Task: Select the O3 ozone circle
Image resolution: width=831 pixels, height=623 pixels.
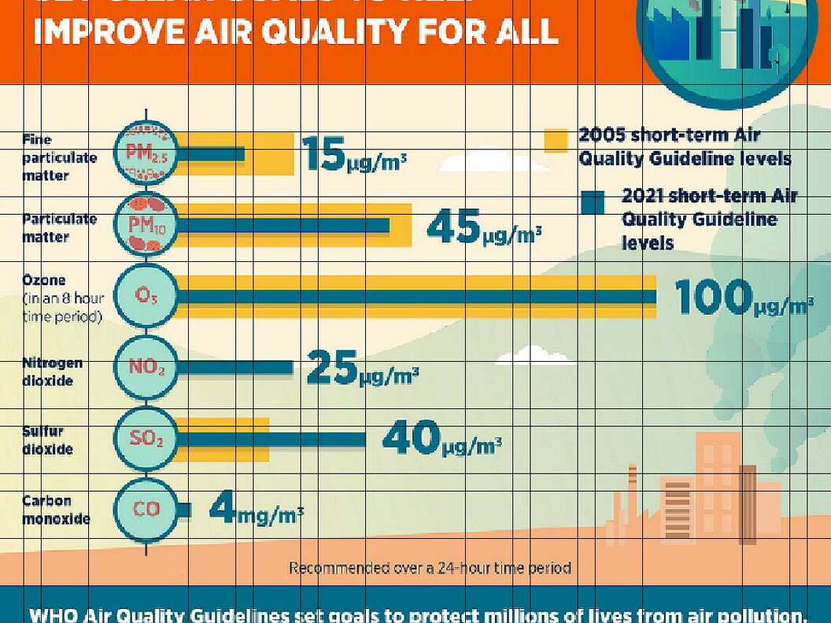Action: point(146,296)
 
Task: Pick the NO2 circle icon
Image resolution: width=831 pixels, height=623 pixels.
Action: point(146,367)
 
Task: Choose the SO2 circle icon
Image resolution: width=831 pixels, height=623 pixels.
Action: point(146,438)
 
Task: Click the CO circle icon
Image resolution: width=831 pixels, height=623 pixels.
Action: point(146,509)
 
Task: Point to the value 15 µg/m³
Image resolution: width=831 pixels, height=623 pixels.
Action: point(353,155)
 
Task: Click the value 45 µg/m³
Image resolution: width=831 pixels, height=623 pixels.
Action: point(484,227)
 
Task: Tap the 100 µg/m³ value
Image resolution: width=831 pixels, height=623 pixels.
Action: point(743,298)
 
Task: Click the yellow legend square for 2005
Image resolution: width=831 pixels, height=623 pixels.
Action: point(556,140)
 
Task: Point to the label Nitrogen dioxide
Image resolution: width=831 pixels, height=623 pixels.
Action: point(52,371)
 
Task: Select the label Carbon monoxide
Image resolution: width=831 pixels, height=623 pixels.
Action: point(56,510)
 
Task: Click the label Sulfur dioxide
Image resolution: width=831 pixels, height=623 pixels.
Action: point(48,441)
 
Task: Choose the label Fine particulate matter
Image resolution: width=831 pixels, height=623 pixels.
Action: point(59,157)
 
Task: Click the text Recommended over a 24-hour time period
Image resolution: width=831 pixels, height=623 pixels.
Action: point(430,567)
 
